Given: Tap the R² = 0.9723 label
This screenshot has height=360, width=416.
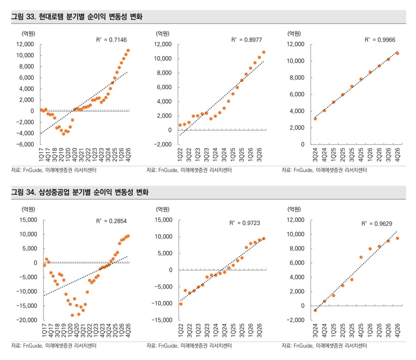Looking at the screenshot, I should click(x=245, y=223).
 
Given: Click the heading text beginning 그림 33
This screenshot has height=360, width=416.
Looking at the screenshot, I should click(x=77, y=17).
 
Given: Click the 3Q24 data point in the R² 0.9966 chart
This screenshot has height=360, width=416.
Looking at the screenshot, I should click(x=315, y=118).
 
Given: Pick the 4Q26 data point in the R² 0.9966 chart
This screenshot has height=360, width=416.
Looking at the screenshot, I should click(x=397, y=53).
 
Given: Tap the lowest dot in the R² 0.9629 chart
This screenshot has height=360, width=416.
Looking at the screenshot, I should click(x=315, y=310).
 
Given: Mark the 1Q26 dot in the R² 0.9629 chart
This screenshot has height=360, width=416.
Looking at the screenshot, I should click(x=370, y=248).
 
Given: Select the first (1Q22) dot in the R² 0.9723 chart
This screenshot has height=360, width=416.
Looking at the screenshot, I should click(x=181, y=304).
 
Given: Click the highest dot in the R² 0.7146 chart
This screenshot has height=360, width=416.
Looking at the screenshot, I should click(x=128, y=50).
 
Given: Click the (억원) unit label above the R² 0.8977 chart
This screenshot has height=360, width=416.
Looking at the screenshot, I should click(x=162, y=33).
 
